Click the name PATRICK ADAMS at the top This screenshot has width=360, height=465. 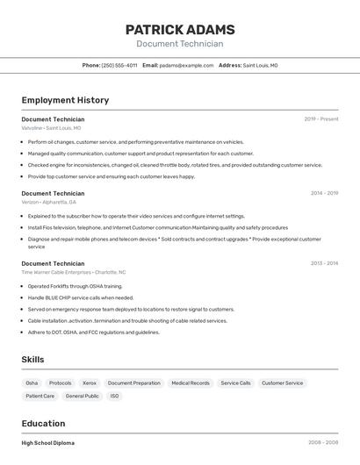179,29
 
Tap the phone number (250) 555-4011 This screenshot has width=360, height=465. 119,65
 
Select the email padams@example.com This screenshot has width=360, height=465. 185,65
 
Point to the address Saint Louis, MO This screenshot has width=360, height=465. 260,65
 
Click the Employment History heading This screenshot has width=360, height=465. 65,100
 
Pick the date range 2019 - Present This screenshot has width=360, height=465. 321,119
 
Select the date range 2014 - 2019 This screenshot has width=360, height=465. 324,193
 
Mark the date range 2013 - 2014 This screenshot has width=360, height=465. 324,263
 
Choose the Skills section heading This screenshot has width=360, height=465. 32,360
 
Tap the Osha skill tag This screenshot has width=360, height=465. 32,383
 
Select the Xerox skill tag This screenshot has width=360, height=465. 90,383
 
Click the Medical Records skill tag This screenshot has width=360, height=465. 191,383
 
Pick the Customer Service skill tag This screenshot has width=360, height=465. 282,383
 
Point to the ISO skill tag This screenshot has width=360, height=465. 114,397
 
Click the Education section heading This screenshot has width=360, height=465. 43,423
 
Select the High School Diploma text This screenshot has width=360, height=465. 48,443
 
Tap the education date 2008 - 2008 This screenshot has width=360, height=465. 323,443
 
